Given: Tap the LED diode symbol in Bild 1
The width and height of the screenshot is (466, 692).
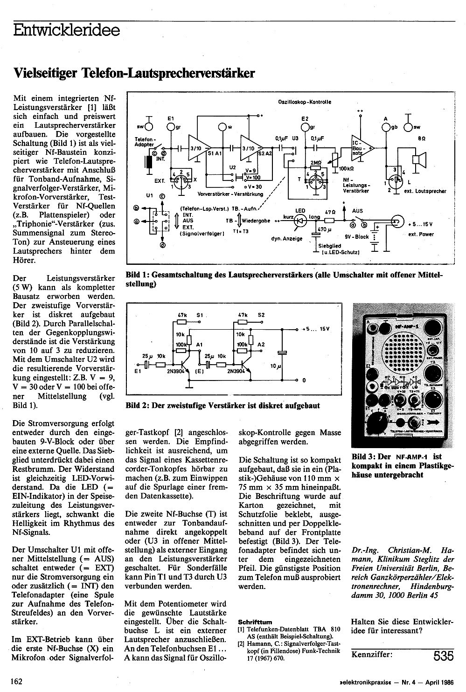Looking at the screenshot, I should pos(300,219).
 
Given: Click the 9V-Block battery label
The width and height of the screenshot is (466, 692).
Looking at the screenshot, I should pos(357,236).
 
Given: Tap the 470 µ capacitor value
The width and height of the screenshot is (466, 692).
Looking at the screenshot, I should pos(322,229).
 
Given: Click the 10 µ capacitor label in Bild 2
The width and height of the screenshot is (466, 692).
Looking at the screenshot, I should pos(276,367).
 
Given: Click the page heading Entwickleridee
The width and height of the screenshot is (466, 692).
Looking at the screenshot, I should pos(66,31).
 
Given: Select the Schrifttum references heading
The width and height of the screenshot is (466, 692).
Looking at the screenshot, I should pos(255,622).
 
